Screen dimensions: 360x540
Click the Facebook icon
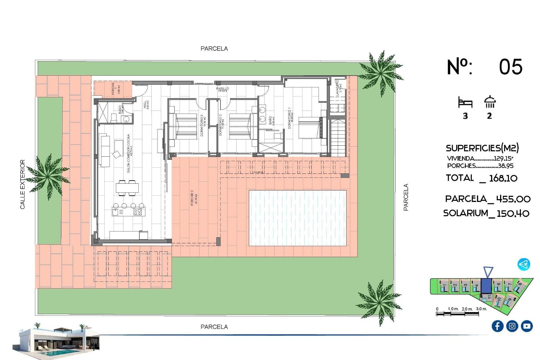497,326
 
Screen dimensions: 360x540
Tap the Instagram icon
512,326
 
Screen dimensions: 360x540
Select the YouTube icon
526,326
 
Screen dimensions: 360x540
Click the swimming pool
298,218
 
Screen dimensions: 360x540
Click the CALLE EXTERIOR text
22,184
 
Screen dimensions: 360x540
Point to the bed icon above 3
465,102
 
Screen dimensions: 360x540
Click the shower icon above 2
490,102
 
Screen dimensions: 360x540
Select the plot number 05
510,67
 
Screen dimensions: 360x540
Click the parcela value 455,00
513,199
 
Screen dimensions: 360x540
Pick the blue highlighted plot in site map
486,286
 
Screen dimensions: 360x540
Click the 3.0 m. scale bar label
481,309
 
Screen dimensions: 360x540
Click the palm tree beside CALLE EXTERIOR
48,176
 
